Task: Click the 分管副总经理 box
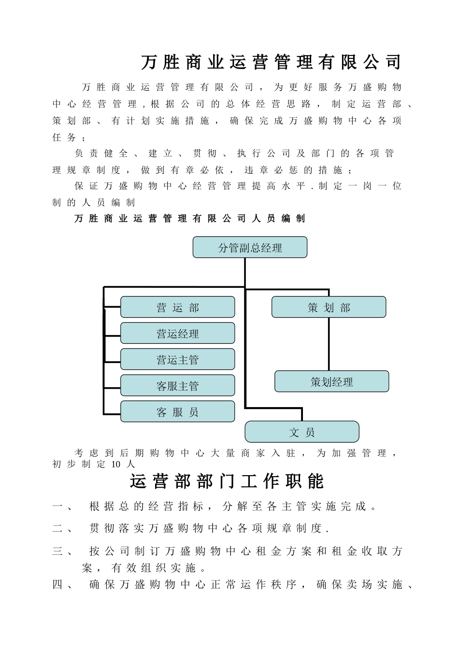pyautogui.click(x=250, y=248)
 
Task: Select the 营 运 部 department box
pyautogui.click(x=177, y=308)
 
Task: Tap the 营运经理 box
pyautogui.click(x=177, y=334)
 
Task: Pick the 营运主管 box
pyautogui.click(x=177, y=360)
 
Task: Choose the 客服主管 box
pyautogui.click(x=177, y=386)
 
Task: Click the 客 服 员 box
pyautogui.click(x=177, y=412)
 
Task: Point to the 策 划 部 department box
pyautogui.click(x=329, y=308)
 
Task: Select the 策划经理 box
pyautogui.click(x=331, y=382)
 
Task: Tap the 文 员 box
pyautogui.click(x=302, y=432)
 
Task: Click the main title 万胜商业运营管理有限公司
pyautogui.click(x=272, y=62)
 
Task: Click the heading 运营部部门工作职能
pyautogui.click(x=227, y=481)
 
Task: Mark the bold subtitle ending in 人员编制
pyautogui.click(x=190, y=219)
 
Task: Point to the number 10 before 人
pyautogui.click(x=116, y=465)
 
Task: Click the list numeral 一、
pyautogui.click(x=62, y=507)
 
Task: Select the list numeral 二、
pyautogui.click(x=62, y=528)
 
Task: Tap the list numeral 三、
pyautogui.click(x=62, y=551)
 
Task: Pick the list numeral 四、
pyautogui.click(x=62, y=585)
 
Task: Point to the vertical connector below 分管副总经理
pyautogui.click(x=245, y=273)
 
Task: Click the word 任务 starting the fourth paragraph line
pyautogui.click(x=64, y=137)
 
